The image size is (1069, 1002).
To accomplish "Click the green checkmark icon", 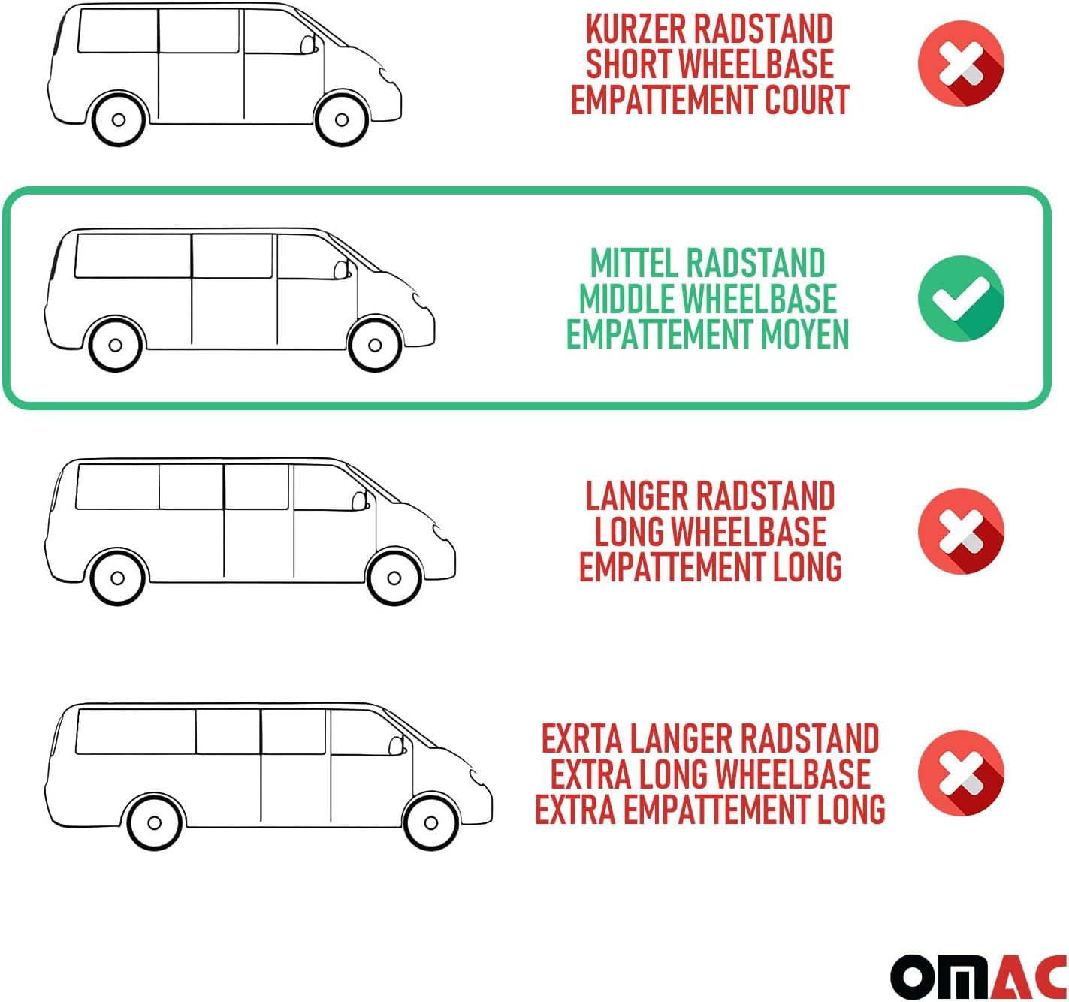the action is pyautogui.click(x=961, y=298).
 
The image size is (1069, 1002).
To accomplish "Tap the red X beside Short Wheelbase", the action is pyautogui.click(x=961, y=63).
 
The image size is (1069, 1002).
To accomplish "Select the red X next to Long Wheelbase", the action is pyautogui.click(x=961, y=531).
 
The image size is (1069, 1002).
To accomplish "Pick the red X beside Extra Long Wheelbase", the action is pyautogui.click(x=961, y=773).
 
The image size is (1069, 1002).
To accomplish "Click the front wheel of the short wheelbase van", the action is pyautogui.click(x=341, y=119).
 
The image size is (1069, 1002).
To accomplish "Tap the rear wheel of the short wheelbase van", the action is pyautogui.click(x=119, y=119).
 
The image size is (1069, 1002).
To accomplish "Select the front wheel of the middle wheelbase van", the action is pyautogui.click(x=375, y=345).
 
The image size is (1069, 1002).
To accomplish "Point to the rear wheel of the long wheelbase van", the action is pyautogui.click(x=117, y=578).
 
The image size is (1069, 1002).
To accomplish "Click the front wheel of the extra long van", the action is pyautogui.click(x=430, y=822).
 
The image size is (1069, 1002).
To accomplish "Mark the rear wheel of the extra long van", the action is pyautogui.click(x=155, y=822).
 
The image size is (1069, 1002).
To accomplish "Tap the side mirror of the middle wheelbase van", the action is pyautogui.click(x=341, y=270).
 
